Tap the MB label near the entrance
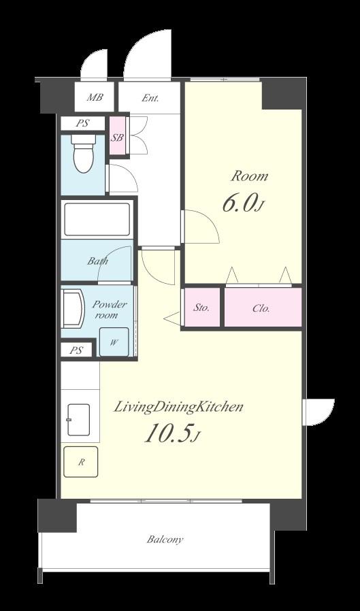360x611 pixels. (x=95, y=97)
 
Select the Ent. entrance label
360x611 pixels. (x=150, y=98)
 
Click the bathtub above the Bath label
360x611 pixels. (x=97, y=219)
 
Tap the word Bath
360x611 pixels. (x=97, y=261)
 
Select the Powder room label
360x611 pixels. (x=110, y=310)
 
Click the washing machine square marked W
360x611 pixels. (x=114, y=342)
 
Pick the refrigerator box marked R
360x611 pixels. (x=81, y=462)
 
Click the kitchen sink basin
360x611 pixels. (x=78, y=420)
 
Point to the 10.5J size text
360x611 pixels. (x=172, y=433)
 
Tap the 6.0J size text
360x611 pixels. (x=241, y=204)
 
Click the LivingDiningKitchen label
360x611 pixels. (x=178, y=408)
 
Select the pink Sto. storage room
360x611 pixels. (x=201, y=308)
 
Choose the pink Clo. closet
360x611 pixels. (x=263, y=308)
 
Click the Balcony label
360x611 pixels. (x=165, y=540)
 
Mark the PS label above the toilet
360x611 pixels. (x=82, y=124)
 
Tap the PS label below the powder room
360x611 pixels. (x=76, y=350)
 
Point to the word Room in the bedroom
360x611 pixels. (x=249, y=176)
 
